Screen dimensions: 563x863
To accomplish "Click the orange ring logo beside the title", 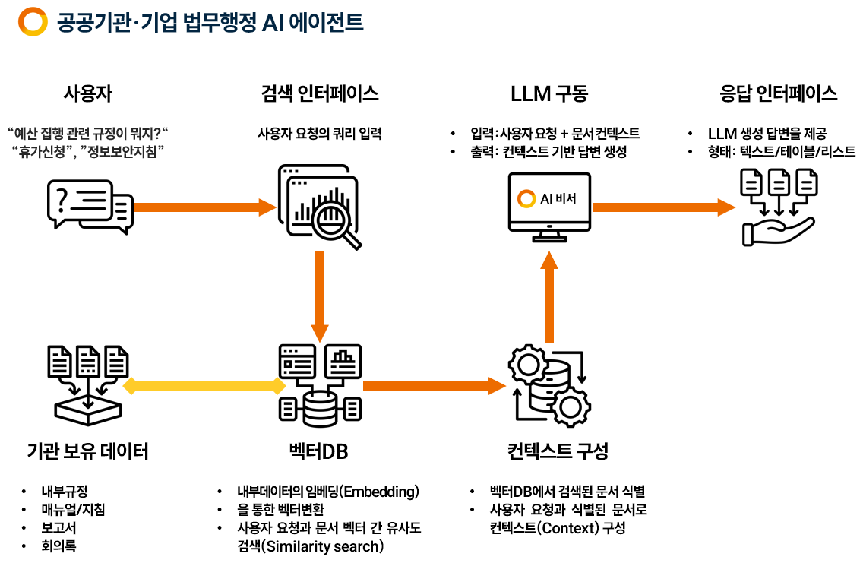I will pos(33,22).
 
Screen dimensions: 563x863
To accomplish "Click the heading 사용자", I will pos(87,93).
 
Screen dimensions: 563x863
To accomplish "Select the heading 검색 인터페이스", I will pos(319,93).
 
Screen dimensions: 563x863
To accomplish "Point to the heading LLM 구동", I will pos(548,93).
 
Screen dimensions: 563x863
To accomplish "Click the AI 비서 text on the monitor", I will pos(558,199).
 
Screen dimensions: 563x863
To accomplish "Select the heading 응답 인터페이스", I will pos(778,93).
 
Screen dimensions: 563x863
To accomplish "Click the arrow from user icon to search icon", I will pos(204,206).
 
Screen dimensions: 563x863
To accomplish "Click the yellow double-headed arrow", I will pos(204,386).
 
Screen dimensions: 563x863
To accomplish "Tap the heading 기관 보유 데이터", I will pos(87,452).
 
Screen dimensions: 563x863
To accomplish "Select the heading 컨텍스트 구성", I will pos(558,451).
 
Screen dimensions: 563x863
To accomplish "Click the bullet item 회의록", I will pos(59,546).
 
